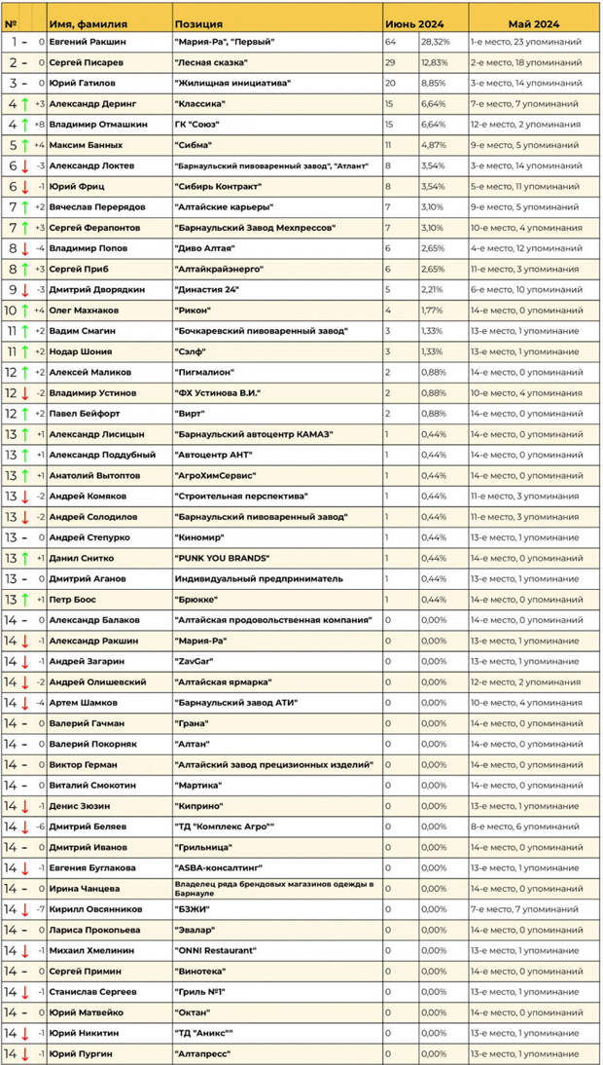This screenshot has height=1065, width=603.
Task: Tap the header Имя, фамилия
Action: tap(91, 23)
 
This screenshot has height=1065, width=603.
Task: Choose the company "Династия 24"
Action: tap(206, 289)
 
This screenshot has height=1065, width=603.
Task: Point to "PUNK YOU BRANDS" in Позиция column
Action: tap(221, 558)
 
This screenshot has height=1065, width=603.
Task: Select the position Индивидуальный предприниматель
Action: tap(258, 578)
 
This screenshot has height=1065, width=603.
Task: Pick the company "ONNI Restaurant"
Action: tap(215, 949)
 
